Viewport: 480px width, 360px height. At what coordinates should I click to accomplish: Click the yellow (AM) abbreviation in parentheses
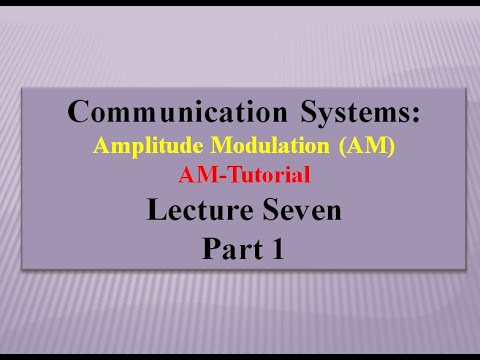(368, 145)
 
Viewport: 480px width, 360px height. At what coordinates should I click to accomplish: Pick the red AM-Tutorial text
(245, 175)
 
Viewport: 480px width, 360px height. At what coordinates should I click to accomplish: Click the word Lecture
(192, 211)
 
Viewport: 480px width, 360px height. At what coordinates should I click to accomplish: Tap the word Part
(229, 247)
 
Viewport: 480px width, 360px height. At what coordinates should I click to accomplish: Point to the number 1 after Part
(277, 247)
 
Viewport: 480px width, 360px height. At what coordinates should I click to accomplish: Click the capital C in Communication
(80, 112)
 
